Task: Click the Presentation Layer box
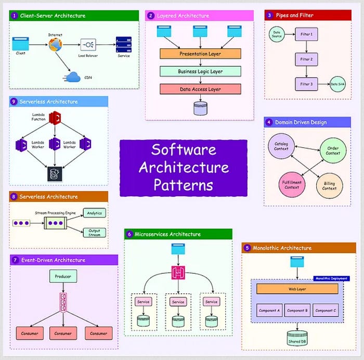point(200,54)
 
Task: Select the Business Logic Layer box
point(200,71)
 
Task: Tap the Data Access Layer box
point(200,89)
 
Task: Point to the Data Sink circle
point(337,84)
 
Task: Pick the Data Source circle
point(277,35)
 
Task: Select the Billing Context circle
point(329,186)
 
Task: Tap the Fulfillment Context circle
point(292,185)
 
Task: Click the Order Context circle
point(333,150)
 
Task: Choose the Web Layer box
point(297,289)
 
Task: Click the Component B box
point(297,311)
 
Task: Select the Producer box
point(63,276)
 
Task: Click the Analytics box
point(94,212)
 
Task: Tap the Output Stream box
point(94,232)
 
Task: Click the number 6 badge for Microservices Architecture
point(129,234)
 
